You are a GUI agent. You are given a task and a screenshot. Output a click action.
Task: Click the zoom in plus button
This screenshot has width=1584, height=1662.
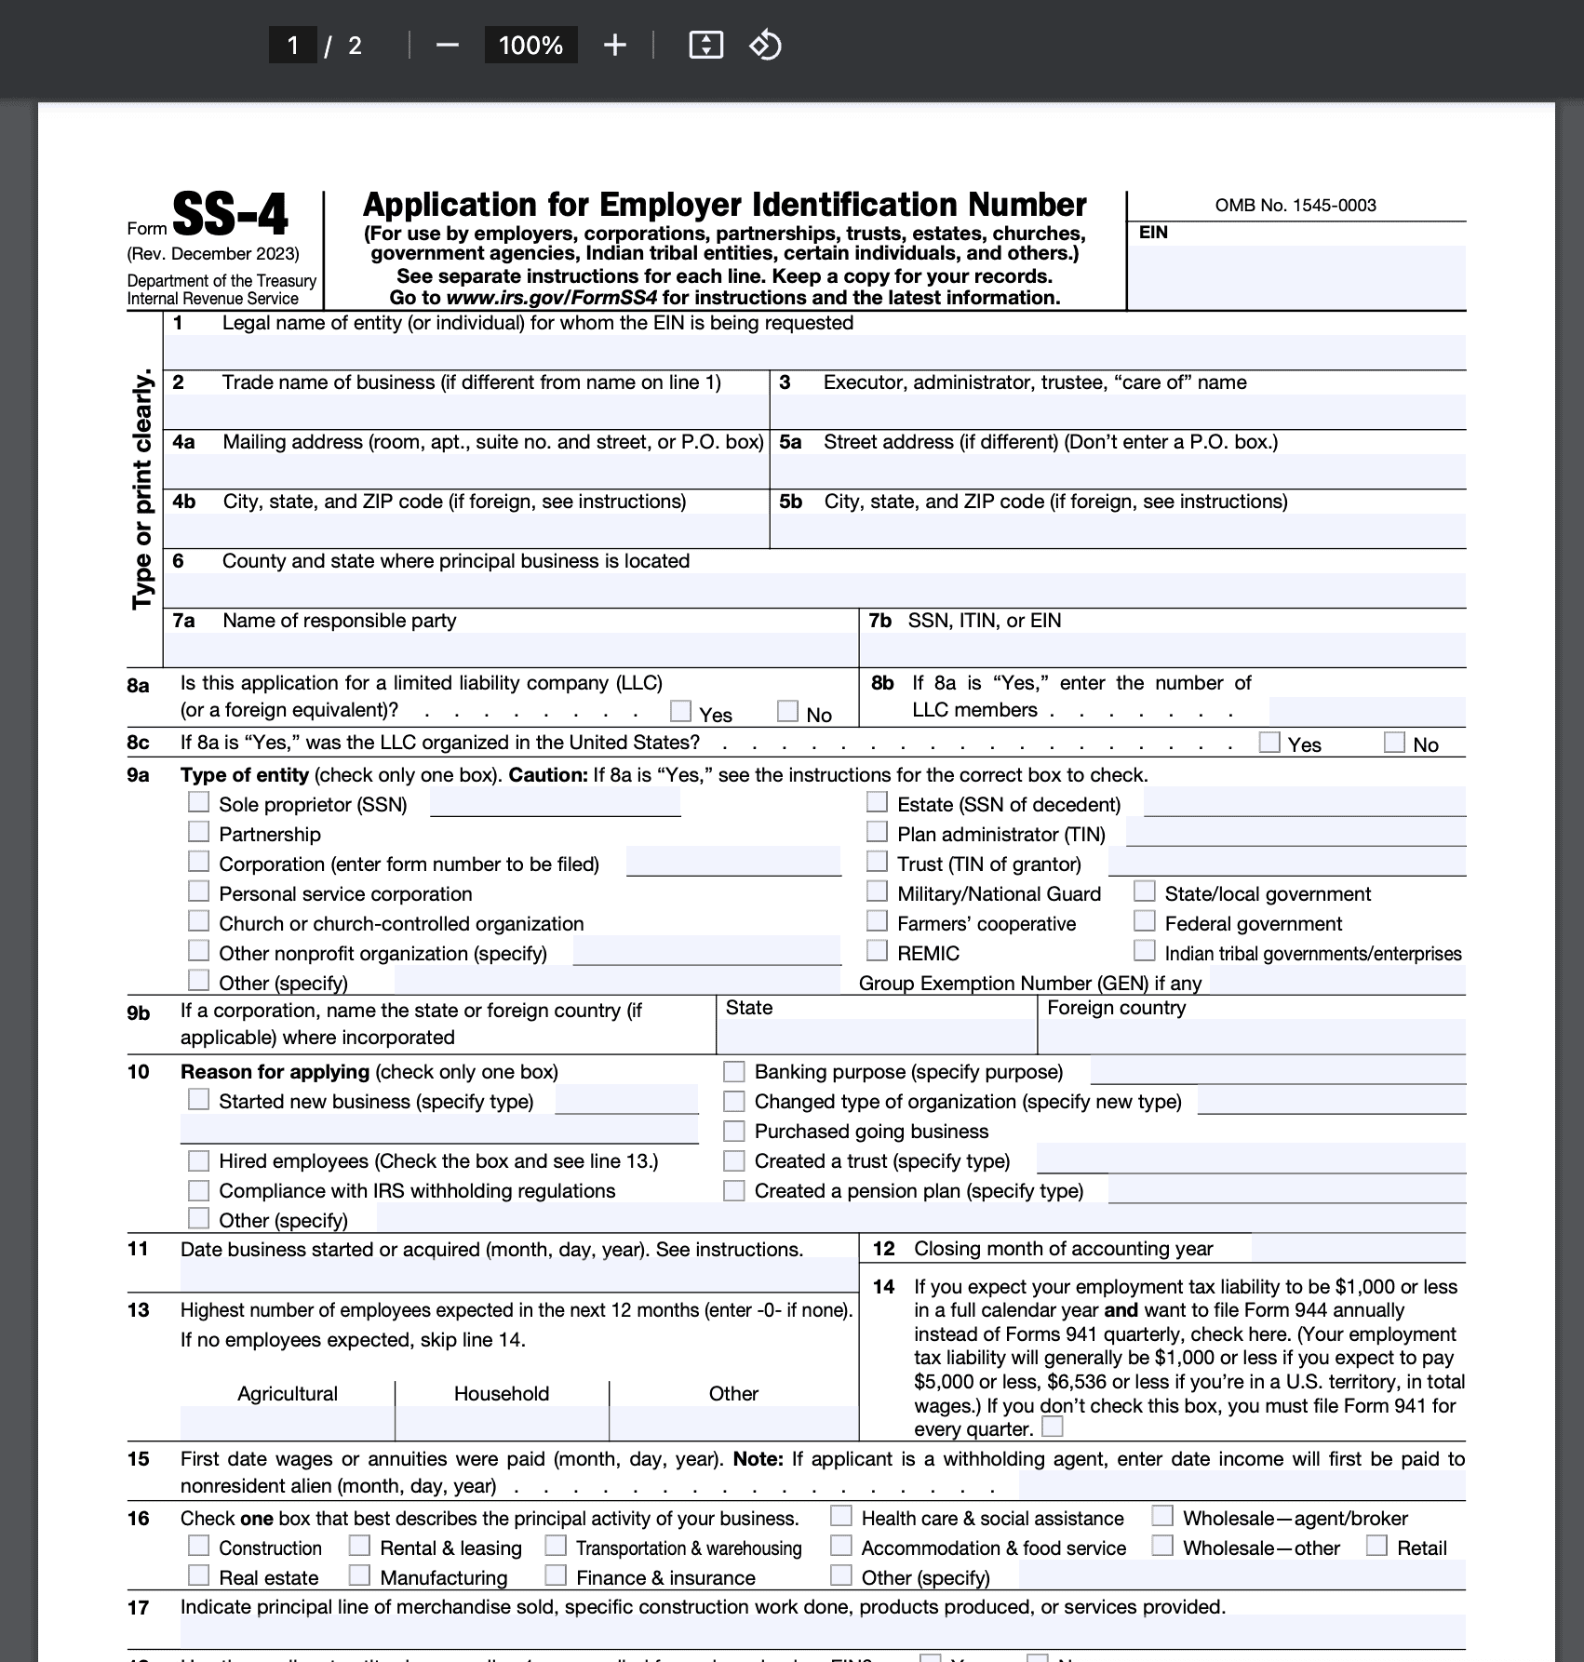pyautogui.click(x=614, y=45)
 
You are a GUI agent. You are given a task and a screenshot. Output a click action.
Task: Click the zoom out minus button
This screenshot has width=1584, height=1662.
pyautogui.click(x=448, y=45)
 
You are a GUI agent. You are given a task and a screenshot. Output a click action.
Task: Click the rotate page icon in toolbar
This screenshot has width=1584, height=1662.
pyautogui.click(x=765, y=45)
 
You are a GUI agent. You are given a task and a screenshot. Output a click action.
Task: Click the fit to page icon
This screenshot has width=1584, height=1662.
pyautogui.click(x=706, y=45)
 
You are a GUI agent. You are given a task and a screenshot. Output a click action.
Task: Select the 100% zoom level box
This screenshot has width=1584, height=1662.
pyautogui.click(x=530, y=45)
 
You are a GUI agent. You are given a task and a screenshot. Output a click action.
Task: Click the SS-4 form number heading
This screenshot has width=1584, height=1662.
pyautogui.click(x=230, y=215)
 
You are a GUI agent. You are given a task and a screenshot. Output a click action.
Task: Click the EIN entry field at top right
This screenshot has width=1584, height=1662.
pyautogui.click(x=1296, y=275)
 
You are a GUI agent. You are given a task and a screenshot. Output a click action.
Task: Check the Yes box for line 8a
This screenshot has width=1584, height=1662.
pyautogui.click(x=681, y=712)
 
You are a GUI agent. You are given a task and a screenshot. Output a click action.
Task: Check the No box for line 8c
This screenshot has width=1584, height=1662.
pyautogui.click(x=1394, y=743)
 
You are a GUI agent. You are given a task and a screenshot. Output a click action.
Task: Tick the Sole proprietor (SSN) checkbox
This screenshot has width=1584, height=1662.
pyautogui.click(x=199, y=802)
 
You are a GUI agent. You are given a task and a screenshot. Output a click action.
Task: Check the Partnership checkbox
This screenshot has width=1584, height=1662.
pyautogui.click(x=199, y=832)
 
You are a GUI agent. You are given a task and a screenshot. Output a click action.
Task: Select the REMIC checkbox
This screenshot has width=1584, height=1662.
pyautogui.click(x=877, y=951)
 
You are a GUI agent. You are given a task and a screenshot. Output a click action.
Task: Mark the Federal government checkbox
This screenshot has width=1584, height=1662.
pyautogui.click(x=1145, y=921)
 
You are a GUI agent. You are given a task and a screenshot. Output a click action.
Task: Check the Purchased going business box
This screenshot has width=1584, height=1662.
pyautogui.click(x=734, y=1131)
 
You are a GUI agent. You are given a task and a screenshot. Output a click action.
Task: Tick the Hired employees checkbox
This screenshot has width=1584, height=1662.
pyautogui.click(x=199, y=1160)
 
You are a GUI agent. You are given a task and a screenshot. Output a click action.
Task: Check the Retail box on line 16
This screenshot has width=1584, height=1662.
pyautogui.click(x=1377, y=1547)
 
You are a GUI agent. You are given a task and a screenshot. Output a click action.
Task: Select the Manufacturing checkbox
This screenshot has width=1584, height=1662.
pyautogui.click(x=360, y=1575)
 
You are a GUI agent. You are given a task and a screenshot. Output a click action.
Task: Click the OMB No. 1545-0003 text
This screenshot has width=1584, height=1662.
pyautogui.click(x=1295, y=206)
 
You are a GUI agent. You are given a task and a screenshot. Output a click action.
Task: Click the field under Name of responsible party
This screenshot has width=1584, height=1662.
pyautogui.click(x=510, y=649)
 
